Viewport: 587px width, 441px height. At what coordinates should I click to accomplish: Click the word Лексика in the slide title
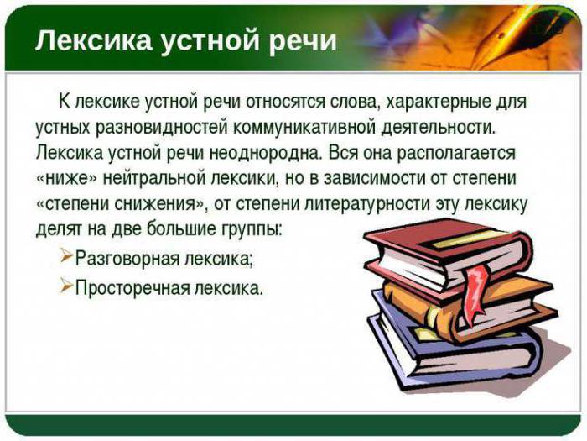coord(93,40)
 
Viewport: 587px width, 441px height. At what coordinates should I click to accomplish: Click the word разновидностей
coord(163,128)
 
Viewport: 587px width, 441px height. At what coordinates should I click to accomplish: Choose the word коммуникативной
coord(304,128)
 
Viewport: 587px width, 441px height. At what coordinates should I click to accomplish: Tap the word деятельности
coord(438,128)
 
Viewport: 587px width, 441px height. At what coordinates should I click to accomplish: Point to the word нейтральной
coord(154,178)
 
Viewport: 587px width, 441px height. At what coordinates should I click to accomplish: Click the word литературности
coord(368,203)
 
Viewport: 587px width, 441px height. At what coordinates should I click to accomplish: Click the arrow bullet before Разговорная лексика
coord(66,256)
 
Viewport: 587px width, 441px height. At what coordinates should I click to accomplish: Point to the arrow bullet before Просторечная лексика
coord(66,286)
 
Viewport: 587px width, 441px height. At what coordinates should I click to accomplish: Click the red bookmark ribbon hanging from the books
coord(475,292)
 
